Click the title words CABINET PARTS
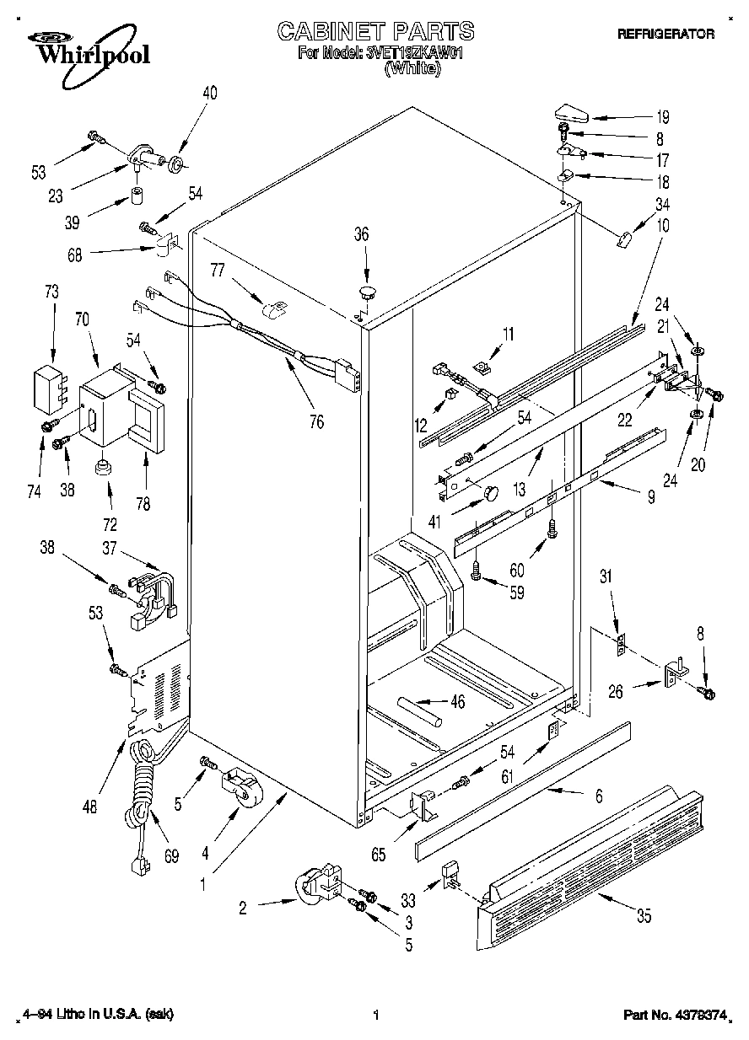(x=375, y=31)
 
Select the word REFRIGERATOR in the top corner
(x=665, y=35)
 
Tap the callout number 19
(x=663, y=117)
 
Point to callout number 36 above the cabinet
(x=361, y=235)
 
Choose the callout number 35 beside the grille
(x=644, y=916)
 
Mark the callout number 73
(x=52, y=292)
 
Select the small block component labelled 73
(x=47, y=385)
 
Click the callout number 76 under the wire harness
(x=317, y=421)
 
